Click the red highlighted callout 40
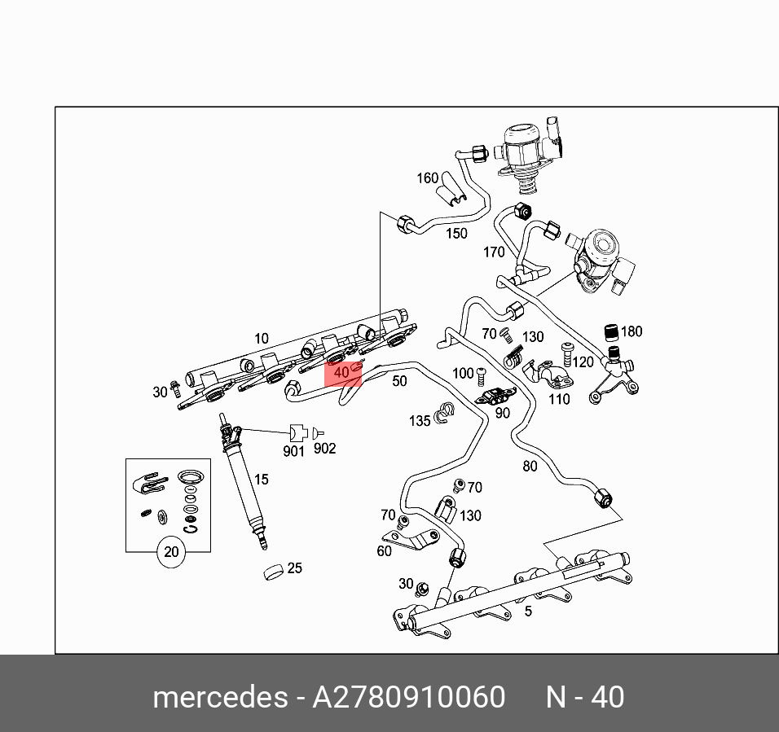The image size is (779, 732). tap(342, 373)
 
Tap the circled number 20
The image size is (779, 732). tap(171, 553)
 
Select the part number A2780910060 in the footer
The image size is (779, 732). tap(409, 698)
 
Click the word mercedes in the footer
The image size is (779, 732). tap(219, 698)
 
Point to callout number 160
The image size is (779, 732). tap(428, 178)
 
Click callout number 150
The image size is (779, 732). tap(456, 234)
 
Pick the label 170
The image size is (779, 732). tap(494, 252)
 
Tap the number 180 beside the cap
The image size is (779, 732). tap(632, 331)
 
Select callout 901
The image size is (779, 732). tap(293, 450)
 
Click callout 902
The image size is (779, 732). tap(324, 449)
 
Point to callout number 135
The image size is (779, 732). tap(420, 421)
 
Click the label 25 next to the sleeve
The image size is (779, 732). tap(295, 568)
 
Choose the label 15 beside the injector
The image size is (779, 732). tap(261, 480)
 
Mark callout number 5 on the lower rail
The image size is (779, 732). tap(528, 611)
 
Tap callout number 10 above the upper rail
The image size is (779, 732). tap(261, 338)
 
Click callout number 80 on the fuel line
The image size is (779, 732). tap(530, 467)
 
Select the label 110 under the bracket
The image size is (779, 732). tap(559, 399)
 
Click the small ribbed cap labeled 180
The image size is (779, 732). tap(609, 331)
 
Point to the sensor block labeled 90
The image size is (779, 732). tap(493, 397)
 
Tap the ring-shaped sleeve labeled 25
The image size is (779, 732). tap(274, 572)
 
